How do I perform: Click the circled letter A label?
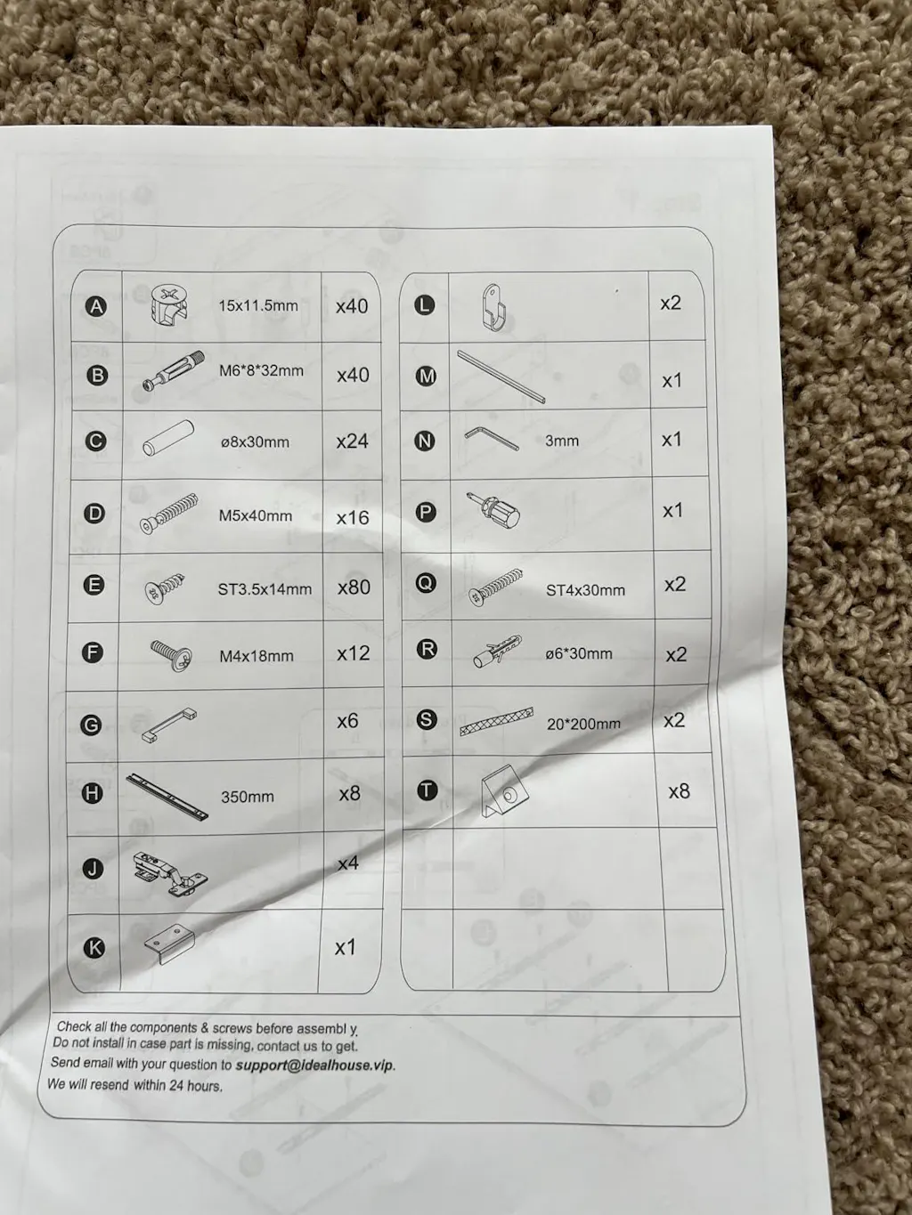97,306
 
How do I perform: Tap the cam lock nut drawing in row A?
169,304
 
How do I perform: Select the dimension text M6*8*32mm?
261,371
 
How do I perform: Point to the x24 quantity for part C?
352,441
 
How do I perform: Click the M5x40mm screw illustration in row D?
169,513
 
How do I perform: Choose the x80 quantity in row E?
354,587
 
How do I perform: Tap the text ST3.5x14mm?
265,589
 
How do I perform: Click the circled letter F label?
93,652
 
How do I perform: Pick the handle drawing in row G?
169,724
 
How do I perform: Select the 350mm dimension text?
248,797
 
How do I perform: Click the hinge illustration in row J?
170,874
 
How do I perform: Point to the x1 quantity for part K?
345,948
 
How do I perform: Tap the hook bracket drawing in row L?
494,307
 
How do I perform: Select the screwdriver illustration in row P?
494,510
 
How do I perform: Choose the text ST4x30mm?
585,590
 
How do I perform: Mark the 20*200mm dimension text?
583,724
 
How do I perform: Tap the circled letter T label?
427,790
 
